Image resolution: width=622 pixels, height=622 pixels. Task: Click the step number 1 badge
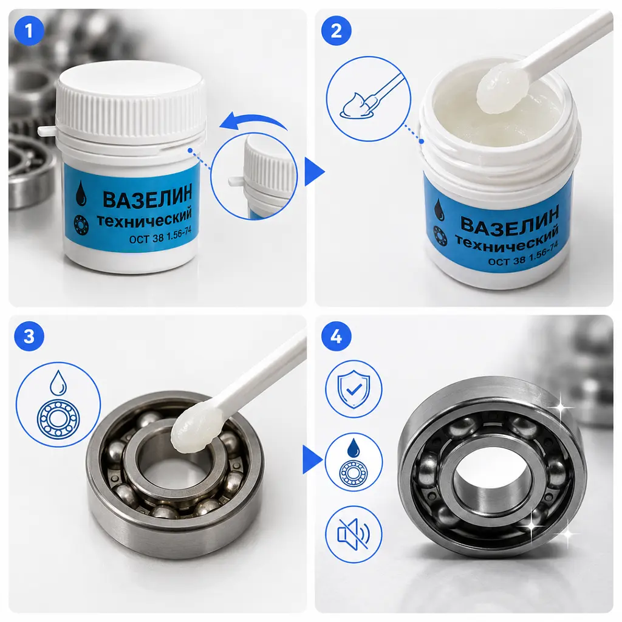click(x=29, y=30)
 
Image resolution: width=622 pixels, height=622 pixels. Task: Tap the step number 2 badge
click(x=337, y=30)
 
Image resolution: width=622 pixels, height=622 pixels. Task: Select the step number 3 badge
click(x=29, y=337)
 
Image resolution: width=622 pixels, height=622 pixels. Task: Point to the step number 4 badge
click(x=337, y=337)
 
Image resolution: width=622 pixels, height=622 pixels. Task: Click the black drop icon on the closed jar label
click(x=81, y=193)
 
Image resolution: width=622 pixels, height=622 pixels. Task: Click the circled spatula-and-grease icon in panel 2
click(x=369, y=99)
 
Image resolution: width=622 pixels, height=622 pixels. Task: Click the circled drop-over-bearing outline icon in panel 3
click(x=58, y=404)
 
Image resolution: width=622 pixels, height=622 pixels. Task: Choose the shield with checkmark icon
click(x=354, y=389)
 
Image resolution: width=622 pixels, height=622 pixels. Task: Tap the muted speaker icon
click(x=354, y=534)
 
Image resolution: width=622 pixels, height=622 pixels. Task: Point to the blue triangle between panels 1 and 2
click(x=314, y=171)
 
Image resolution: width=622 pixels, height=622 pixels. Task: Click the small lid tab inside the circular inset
click(x=236, y=182)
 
